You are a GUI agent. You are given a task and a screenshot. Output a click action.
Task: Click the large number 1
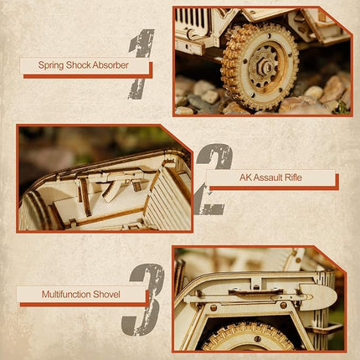[x=141, y=59]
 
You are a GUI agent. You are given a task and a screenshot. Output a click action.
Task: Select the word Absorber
[x=124, y=64]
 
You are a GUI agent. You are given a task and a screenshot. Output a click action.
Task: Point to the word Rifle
[x=292, y=178]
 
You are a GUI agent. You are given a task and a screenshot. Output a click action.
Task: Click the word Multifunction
[x=69, y=295]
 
